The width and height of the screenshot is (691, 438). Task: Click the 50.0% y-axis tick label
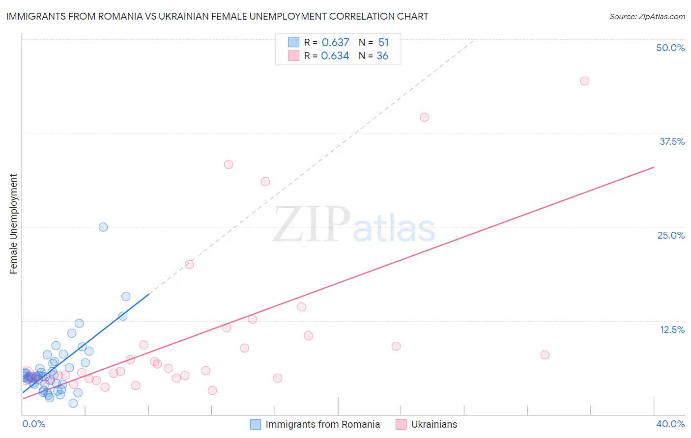click(670, 48)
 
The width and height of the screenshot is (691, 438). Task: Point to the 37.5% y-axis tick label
click(672, 141)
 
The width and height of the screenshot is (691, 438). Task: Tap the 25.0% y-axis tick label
click(671, 235)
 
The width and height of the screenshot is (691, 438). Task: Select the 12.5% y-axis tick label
click(672, 329)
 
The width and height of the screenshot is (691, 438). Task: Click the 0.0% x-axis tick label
click(33, 424)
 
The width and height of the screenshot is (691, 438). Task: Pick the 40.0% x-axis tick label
click(670, 424)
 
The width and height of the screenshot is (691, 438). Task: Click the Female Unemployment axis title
click(13, 224)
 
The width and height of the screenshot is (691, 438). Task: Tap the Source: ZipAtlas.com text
click(647, 16)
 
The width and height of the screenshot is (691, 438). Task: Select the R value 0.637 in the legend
click(335, 42)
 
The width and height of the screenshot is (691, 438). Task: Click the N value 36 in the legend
click(382, 56)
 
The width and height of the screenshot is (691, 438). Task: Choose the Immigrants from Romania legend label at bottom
click(322, 424)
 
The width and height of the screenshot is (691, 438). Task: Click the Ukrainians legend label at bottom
click(434, 424)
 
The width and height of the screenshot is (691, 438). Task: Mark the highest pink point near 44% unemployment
click(584, 81)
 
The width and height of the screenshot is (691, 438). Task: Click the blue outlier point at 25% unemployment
click(103, 227)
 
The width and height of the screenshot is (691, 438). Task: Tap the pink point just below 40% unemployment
click(425, 117)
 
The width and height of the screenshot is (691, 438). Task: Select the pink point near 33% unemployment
click(229, 164)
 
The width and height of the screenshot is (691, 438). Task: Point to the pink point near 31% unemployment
click(265, 182)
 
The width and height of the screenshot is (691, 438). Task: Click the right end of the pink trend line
click(654, 167)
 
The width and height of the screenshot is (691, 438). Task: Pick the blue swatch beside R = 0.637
click(293, 42)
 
